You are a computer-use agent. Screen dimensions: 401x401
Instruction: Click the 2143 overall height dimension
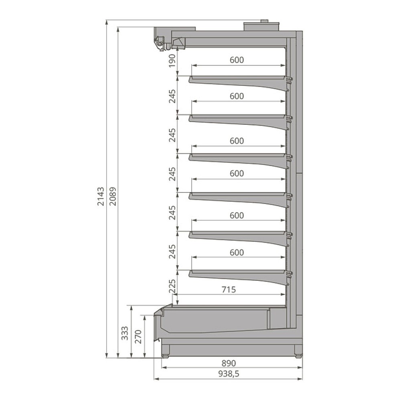101,196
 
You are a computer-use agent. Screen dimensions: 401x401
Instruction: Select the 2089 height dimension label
113,196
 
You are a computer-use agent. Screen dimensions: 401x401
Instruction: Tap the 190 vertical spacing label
172,61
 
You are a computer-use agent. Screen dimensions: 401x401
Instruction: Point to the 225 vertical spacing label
172,286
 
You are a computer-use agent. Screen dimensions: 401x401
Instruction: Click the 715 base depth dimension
229,290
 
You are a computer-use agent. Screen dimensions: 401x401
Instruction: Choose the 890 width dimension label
229,363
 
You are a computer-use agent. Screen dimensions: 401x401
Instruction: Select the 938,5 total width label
229,374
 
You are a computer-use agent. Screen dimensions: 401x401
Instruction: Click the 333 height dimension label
125,333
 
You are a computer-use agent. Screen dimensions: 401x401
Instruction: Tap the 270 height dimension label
138,336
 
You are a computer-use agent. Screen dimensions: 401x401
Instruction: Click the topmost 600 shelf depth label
237,60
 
